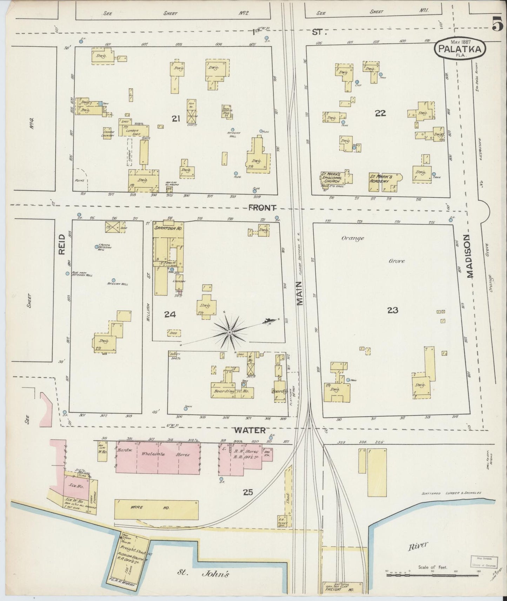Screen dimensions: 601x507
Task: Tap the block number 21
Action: (176, 119)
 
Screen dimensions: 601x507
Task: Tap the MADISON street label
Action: (470, 257)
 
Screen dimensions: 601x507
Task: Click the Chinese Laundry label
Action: (107, 134)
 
